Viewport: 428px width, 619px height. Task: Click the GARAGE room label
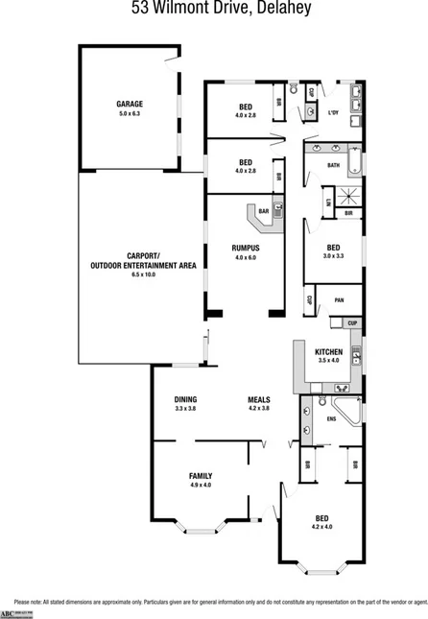pyautogui.click(x=129, y=104)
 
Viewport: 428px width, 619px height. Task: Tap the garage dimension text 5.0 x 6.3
pyautogui.click(x=129, y=113)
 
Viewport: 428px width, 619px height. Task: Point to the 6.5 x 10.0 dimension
pyautogui.click(x=142, y=274)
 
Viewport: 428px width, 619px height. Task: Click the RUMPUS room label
pyautogui.click(x=245, y=249)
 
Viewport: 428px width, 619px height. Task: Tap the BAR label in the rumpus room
pyautogui.click(x=262, y=210)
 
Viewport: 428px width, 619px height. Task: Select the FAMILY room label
pyautogui.click(x=200, y=476)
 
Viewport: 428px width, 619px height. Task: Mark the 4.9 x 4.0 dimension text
pyautogui.click(x=200, y=486)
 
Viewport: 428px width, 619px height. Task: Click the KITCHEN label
pyautogui.click(x=328, y=351)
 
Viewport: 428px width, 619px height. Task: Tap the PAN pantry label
pyautogui.click(x=339, y=300)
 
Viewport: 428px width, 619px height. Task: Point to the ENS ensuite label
pyautogui.click(x=332, y=418)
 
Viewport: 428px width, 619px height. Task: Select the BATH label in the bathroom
pyautogui.click(x=333, y=165)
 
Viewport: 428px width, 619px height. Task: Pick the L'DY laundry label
pyautogui.click(x=334, y=114)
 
